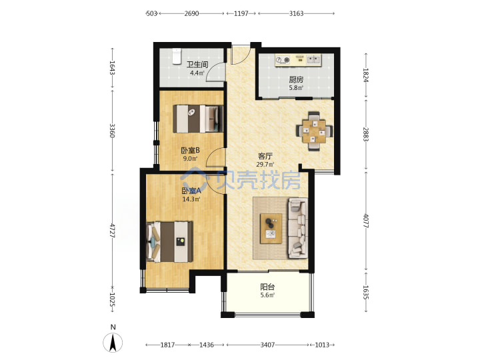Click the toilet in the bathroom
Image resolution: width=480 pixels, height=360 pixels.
[176, 56]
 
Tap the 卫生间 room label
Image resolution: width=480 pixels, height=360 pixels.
[197, 65]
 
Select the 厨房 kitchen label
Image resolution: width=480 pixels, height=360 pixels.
[296, 79]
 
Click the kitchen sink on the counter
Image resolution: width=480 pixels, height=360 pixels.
[313, 60]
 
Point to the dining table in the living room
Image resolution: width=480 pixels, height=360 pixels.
[315, 131]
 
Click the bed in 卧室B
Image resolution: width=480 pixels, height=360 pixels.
[198, 119]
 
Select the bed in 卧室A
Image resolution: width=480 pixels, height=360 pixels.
[169, 242]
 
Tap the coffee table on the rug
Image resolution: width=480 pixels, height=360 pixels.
[271, 229]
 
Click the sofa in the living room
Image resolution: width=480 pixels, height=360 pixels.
[298, 229]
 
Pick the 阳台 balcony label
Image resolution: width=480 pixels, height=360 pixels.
[267, 287]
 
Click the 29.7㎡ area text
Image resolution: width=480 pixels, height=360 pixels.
[265, 165]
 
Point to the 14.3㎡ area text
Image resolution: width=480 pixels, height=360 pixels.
[191, 199]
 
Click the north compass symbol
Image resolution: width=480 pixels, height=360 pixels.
[113, 342]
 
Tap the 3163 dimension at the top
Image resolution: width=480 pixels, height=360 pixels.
[296, 13]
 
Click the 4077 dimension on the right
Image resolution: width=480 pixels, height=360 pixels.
[365, 221]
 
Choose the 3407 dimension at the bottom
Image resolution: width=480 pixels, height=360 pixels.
[267, 345]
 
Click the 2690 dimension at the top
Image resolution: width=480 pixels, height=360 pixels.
[191, 13]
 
